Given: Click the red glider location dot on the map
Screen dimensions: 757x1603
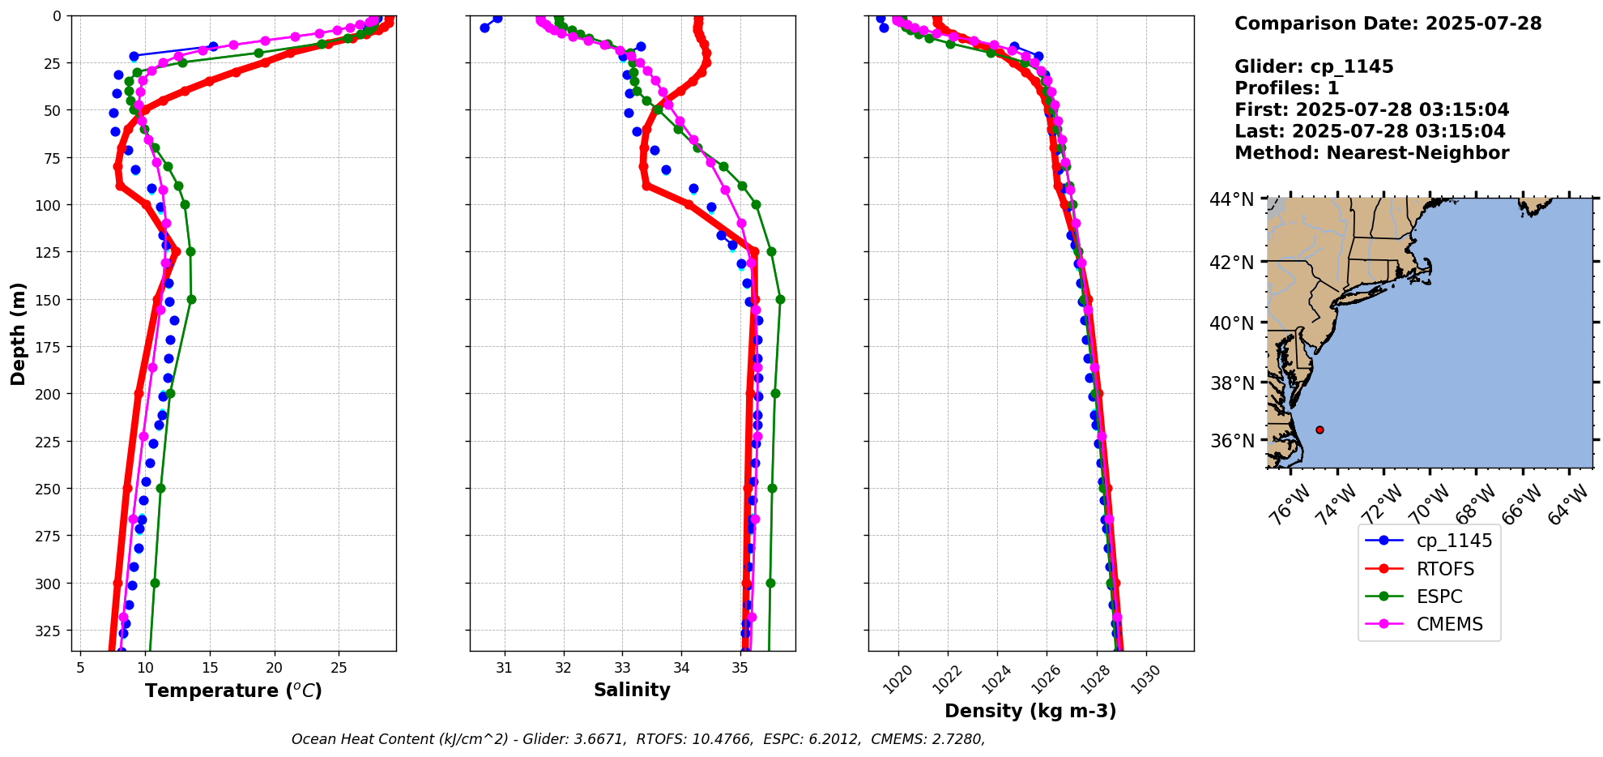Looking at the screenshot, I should click(1319, 430).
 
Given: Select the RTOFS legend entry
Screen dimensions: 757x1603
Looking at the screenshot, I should click(1444, 569).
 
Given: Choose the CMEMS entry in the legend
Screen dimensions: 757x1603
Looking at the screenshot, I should click(1449, 624).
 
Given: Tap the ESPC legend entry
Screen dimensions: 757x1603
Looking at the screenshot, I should click(1439, 597).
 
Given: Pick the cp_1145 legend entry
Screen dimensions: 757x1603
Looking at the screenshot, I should click(1453, 541).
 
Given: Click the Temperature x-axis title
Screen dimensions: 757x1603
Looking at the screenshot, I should click(233, 691).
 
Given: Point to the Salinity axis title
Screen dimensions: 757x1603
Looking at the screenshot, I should click(632, 691).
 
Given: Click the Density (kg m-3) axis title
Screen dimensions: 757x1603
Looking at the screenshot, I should click(1030, 711).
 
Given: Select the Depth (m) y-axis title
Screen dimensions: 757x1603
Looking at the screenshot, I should click(19, 333).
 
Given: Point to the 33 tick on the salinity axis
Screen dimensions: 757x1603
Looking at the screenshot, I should click(622, 668).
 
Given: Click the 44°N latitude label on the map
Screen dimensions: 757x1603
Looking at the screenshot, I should click(1231, 199).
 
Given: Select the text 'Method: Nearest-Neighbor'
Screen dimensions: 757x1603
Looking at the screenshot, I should click(1371, 153).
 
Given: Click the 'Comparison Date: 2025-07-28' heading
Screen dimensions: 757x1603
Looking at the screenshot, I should click(1388, 24).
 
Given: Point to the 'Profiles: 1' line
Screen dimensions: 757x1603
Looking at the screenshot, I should click(1286, 88).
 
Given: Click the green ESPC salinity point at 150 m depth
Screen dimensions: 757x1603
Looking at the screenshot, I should click(780, 300).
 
